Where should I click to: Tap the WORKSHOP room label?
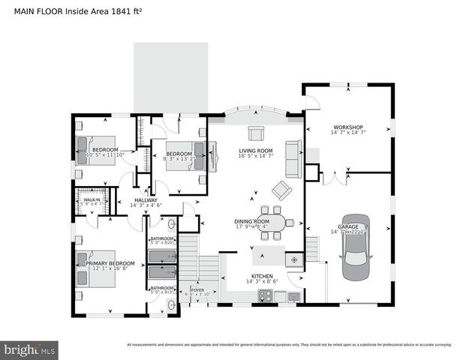coord(347,127)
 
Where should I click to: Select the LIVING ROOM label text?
coord(255,151)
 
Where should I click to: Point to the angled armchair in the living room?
coord(281,190)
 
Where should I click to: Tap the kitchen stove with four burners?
coord(264,297)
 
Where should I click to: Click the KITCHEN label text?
coord(262,276)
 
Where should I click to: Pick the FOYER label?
coord(197,289)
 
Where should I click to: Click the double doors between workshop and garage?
coord(334,178)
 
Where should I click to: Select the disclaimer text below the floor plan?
coord(289,345)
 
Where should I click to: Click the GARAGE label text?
coord(348,226)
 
